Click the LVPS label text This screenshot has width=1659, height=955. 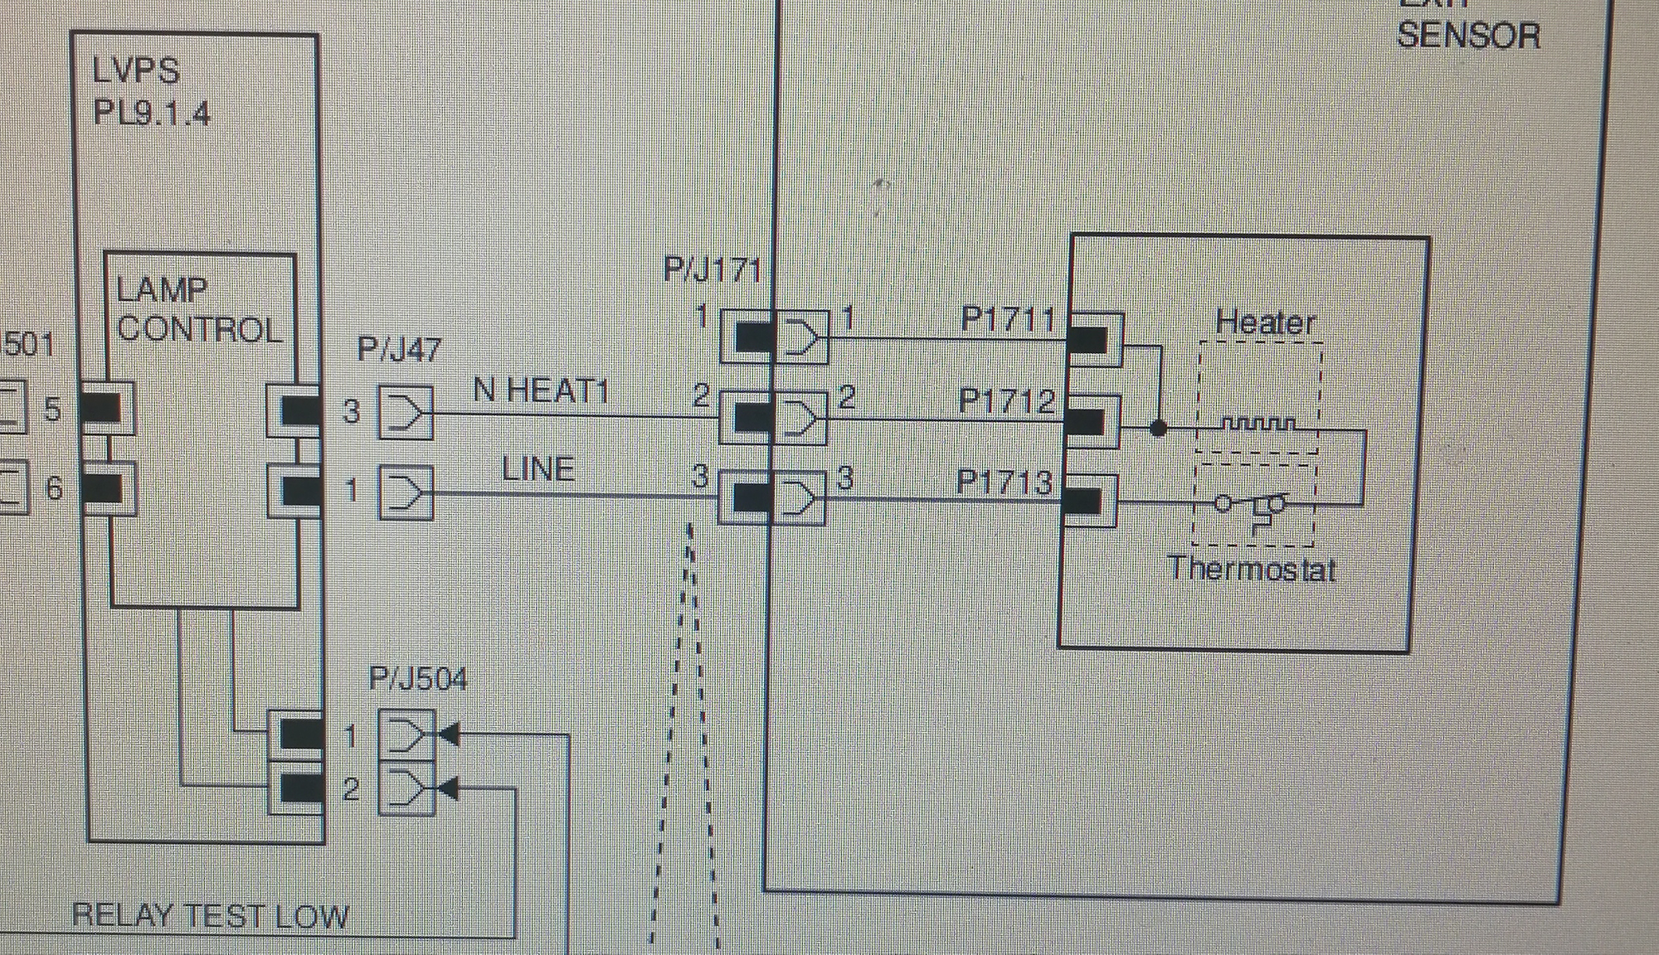(x=136, y=71)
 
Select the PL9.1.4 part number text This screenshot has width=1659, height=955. (x=152, y=112)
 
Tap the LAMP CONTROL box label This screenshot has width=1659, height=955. (x=199, y=310)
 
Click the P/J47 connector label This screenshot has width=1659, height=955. (x=399, y=349)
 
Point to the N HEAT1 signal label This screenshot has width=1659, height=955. (x=541, y=390)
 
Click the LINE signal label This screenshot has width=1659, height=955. (x=538, y=470)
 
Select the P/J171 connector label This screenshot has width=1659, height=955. (x=713, y=270)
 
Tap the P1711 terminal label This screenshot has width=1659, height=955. (x=1007, y=320)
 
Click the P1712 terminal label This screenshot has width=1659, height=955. (x=1006, y=401)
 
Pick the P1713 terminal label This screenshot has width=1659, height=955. (x=1005, y=482)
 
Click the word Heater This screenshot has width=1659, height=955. (x=1265, y=322)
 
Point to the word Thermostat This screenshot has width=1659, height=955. (x=1252, y=569)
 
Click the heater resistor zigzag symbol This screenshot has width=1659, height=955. (x=1258, y=425)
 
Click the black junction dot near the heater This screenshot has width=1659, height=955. (x=1159, y=429)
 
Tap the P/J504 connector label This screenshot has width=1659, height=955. (x=418, y=680)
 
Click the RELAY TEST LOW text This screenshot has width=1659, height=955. (x=211, y=916)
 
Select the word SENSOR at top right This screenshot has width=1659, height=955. (x=1468, y=36)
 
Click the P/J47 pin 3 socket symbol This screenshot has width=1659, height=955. (x=406, y=412)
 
